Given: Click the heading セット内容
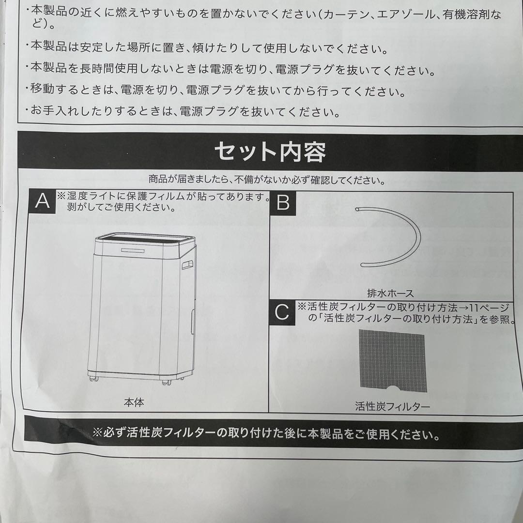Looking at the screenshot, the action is pos(270,152).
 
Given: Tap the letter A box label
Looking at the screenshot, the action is pos(43,201).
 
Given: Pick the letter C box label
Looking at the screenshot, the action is pos(282,313).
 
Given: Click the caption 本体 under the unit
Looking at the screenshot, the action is pos(134,402).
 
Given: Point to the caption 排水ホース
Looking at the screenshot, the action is pos(390,293).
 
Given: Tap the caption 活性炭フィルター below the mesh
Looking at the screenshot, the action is pos(392,407).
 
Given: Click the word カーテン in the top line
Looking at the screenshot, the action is pos(352,14).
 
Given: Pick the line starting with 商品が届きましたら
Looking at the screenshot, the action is pos(267,181).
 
